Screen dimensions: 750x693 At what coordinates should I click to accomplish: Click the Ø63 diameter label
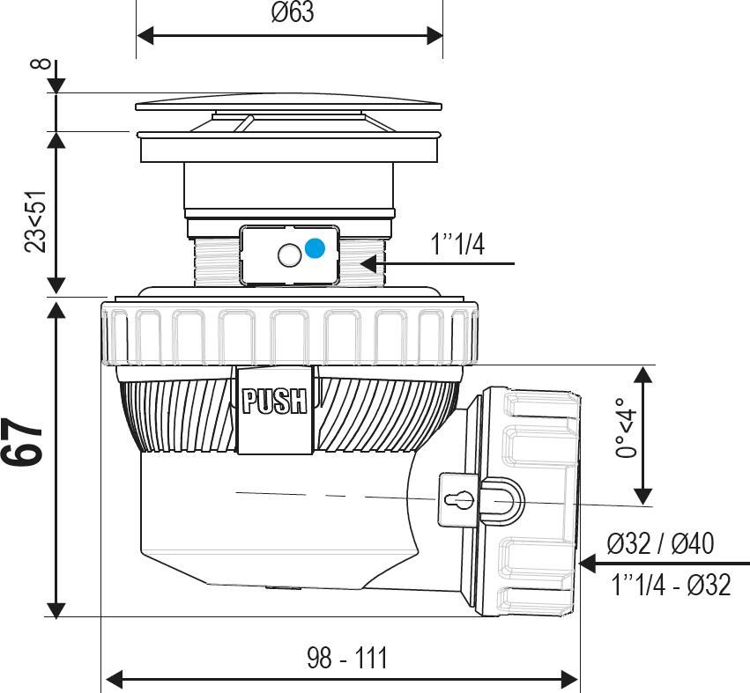pos(293,12)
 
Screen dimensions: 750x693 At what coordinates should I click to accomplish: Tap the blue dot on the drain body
pos(315,248)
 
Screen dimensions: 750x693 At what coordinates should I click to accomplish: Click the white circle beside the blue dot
pos(289,255)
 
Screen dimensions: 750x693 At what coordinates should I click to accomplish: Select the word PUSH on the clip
pos(274,401)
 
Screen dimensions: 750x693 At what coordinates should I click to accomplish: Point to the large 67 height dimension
pos(24,442)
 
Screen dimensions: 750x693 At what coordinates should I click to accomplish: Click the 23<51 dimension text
pos(36,221)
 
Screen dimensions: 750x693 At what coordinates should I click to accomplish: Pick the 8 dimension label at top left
pos(41,63)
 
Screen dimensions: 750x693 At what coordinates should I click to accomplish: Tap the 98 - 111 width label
pos(347,658)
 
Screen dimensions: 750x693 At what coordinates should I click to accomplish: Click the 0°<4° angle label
pos(626,428)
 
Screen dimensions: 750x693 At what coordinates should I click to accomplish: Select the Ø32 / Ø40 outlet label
pos(661,543)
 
